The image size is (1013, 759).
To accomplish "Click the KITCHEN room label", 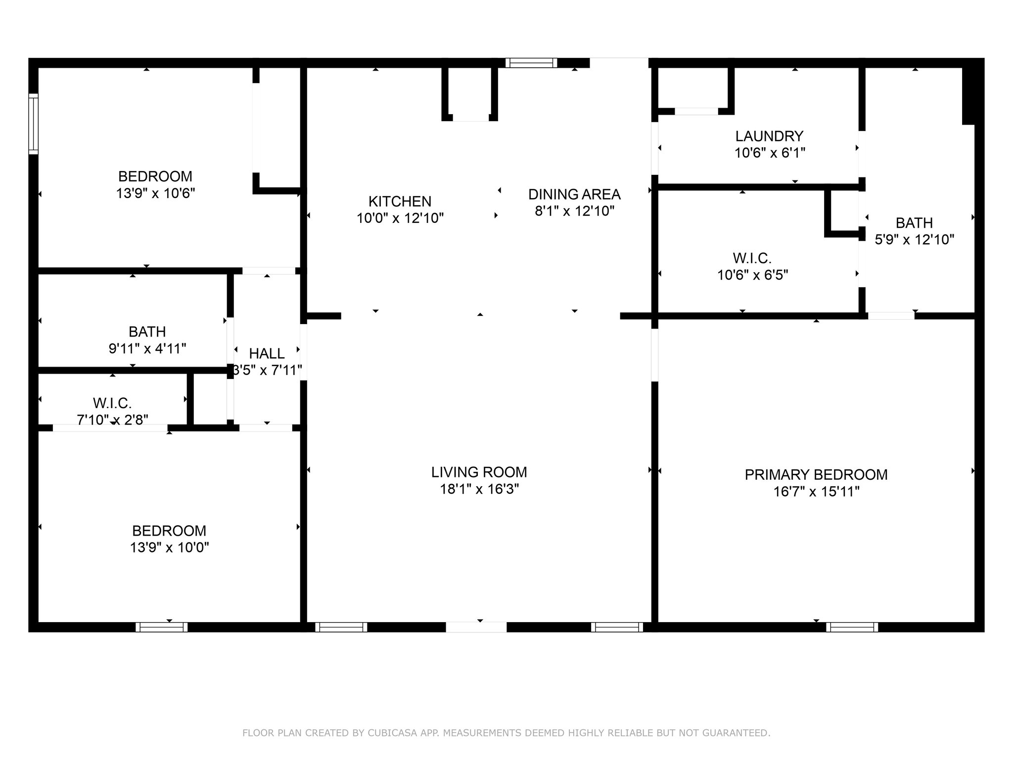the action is tap(400, 202).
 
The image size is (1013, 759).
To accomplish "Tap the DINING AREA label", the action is tap(574, 194).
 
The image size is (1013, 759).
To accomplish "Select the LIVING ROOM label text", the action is tap(479, 472).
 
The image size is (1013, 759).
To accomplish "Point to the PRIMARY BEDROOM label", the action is tap(816, 475).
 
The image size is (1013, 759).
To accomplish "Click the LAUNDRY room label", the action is tap(769, 136).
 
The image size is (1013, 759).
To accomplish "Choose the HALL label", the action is tap(267, 354).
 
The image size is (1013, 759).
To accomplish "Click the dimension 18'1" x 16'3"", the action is tap(479, 489).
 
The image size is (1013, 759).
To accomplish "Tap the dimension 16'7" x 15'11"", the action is tap(817, 492).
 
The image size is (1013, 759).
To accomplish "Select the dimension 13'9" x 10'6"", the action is tap(155, 193).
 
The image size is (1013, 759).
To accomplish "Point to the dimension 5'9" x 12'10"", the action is tap(915, 240).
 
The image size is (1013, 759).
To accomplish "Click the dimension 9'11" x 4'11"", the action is tap(147, 349).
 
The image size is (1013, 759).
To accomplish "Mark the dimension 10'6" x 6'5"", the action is tap(753, 275).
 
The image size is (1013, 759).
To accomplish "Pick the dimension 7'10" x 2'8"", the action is tap(112, 420).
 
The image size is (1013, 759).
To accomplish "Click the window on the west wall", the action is tap(33, 124).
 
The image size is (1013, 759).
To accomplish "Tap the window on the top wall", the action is tap(531, 63).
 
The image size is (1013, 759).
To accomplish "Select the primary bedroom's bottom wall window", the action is tap(852, 627).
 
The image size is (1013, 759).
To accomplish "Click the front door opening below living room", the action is tap(476, 627).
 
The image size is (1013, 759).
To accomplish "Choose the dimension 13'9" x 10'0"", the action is tap(170, 548).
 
